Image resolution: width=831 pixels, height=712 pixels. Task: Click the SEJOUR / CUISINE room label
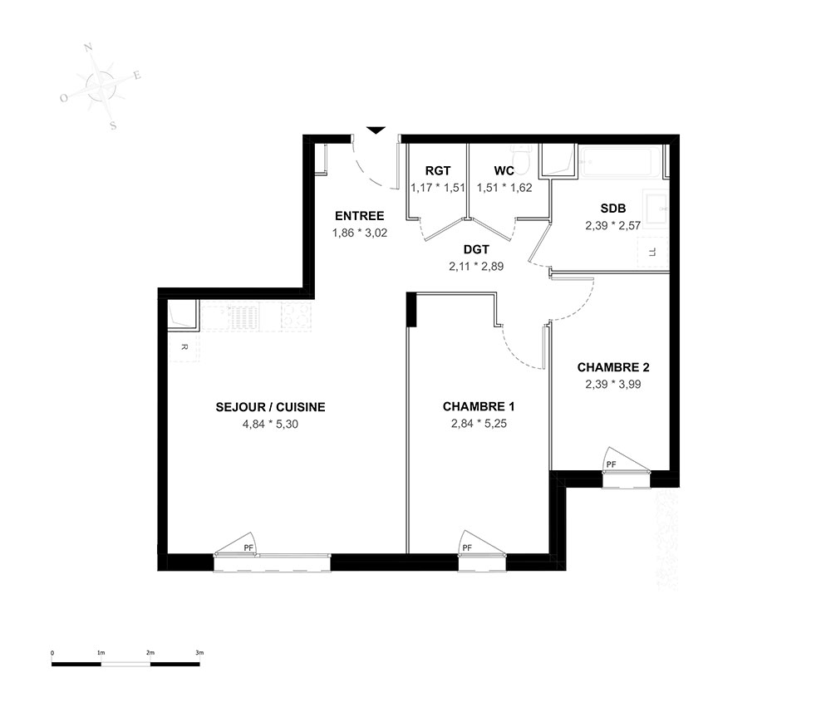(x=270, y=407)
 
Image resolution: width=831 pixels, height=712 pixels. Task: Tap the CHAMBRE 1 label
(x=479, y=406)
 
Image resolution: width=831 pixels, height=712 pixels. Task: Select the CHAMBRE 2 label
(x=613, y=367)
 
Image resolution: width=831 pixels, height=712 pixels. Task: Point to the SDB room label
(x=613, y=209)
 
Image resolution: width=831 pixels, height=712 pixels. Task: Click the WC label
(x=504, y=170)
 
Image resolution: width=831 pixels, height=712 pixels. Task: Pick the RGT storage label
(x=438, y=170)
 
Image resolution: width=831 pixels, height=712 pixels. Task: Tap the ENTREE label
(x=359, y=216)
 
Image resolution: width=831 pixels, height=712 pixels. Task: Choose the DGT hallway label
(x=476, y=249)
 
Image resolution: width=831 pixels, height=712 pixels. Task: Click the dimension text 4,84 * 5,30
(x=270, y=424)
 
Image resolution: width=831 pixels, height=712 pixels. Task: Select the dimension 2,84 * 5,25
(x=479, y=423)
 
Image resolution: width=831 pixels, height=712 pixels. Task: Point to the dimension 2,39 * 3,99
(x=613, y=384)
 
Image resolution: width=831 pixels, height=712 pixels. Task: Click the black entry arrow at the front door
(x=376, y=130)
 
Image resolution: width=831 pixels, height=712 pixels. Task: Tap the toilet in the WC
(x=522, y=159)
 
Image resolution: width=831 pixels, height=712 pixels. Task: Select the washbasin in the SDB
(x=656, y=209)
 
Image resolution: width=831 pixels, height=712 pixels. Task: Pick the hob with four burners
(x=296, y=317)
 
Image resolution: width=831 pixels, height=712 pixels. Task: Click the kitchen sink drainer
(x=244, y=317)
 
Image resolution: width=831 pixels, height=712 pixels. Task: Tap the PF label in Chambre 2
(x=611, y=464)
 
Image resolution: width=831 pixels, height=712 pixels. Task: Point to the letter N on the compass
(x=89, y=48)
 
